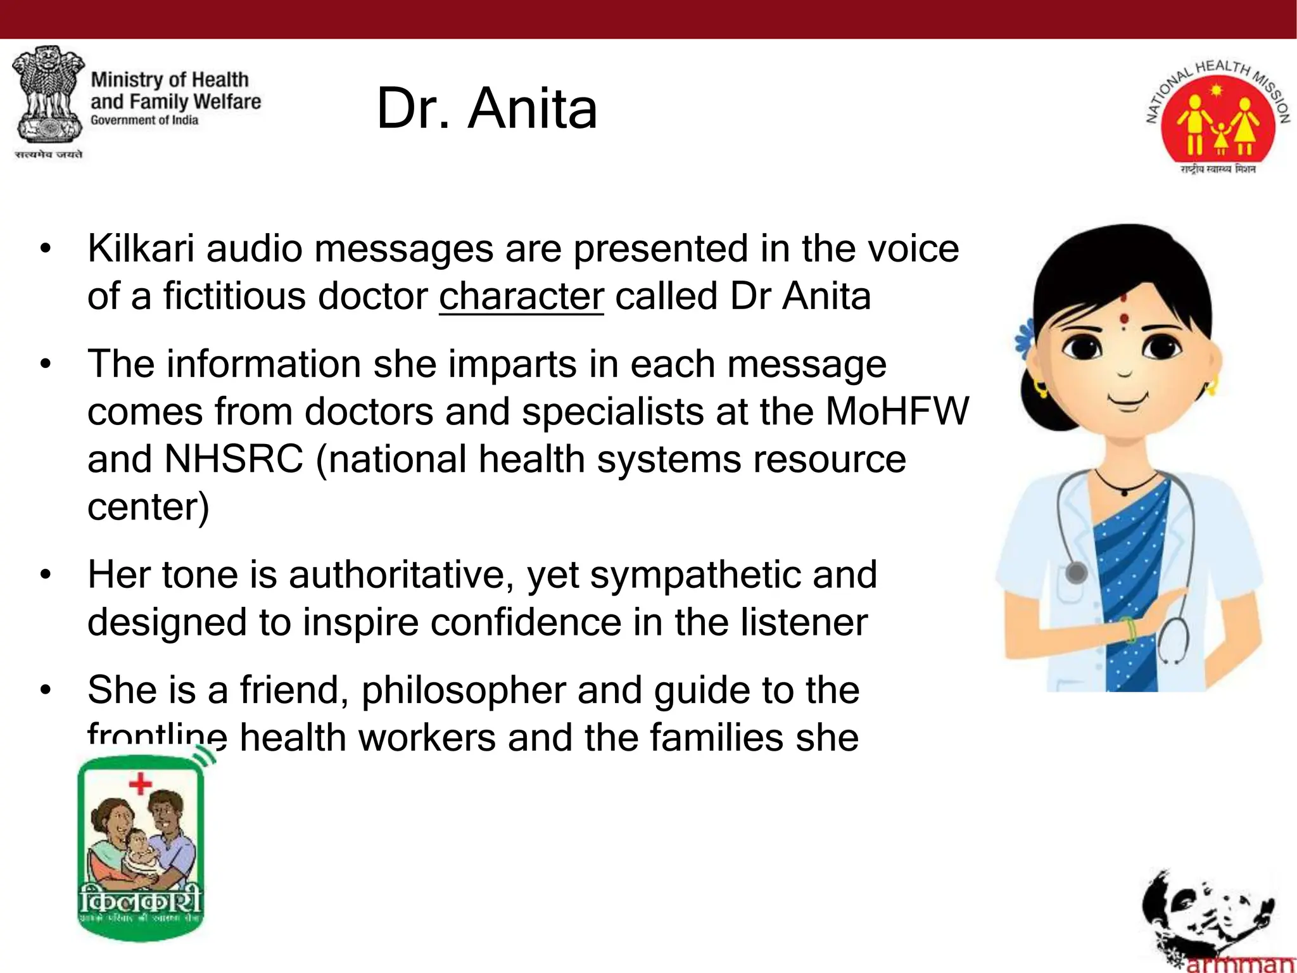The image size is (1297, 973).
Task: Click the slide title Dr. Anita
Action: pos(486,109)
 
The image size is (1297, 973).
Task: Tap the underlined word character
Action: pos(521,296)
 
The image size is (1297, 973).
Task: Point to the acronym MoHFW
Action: pos(897,412)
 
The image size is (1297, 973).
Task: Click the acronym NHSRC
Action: pos(234,459)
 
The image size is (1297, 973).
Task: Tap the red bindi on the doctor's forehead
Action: pos(1123,319)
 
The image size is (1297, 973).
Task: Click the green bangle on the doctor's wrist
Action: pos(1129,630)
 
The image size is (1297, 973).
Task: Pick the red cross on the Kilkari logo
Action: pos(140,784)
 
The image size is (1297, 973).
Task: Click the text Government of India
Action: pos(144,120)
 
